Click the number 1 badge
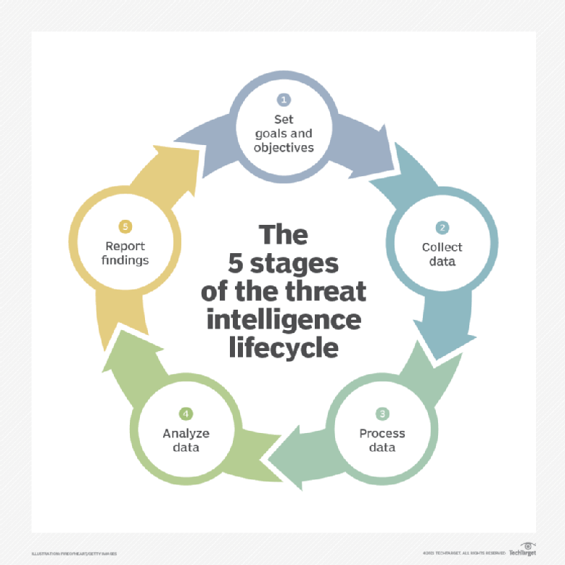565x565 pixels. click(284, 99)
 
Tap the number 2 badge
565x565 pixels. click(442, 228)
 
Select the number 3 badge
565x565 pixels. click(382, 414)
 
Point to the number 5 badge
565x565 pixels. click(125, 228)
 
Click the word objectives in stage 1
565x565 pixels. click(284, 147)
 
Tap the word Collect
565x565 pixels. click(442, 247)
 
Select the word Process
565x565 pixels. click(382, 434)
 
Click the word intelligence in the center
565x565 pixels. click(284, 319)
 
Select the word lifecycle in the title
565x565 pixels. click(284, 347)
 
